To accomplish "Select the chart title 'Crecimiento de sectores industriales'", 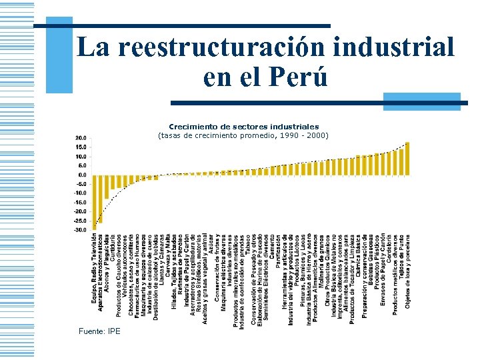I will (243, 126).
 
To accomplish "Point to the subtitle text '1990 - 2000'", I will (306, 135).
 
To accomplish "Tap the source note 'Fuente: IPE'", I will (99, 331).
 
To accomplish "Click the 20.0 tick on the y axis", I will (81, 138).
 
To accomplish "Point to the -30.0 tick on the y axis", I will (79, 230).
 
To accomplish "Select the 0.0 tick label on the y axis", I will (81, 175).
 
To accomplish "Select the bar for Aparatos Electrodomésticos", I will (100, 199).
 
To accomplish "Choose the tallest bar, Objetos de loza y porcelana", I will (407, 159).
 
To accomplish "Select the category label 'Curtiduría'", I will (113, 249).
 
